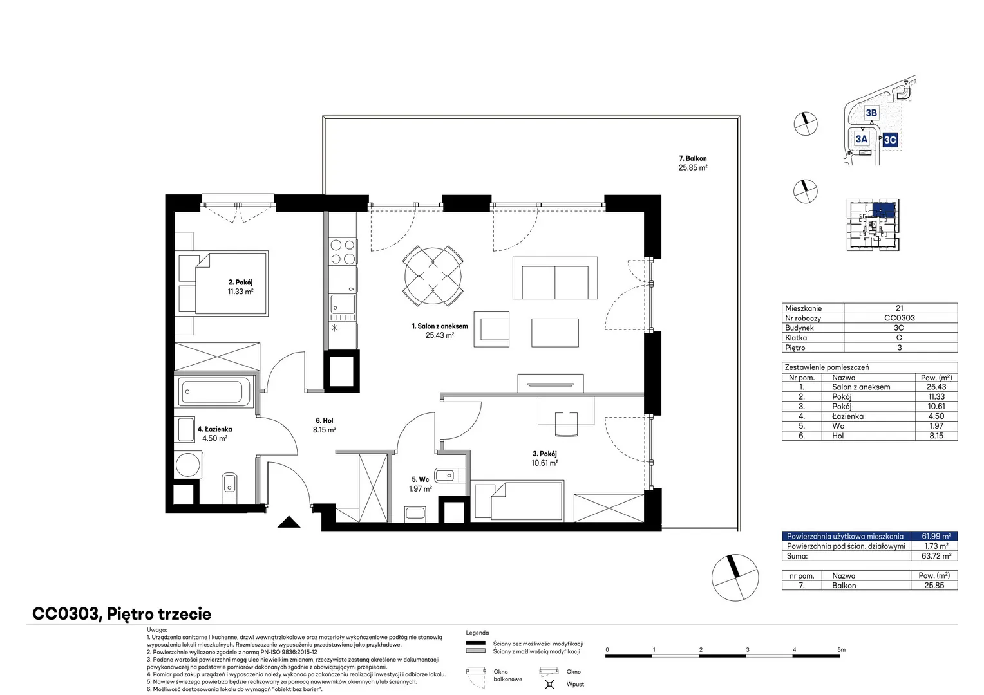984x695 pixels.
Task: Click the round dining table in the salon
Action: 433,276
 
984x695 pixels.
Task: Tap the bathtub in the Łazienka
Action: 214,391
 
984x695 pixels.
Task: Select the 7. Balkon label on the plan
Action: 693,158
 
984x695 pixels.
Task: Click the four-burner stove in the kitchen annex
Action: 343,252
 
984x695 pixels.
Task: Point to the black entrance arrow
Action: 289,522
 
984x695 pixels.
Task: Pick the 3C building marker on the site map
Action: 890,140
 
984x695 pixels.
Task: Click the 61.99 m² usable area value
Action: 936,536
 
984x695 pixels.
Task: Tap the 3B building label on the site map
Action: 871,113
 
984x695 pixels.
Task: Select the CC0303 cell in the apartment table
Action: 899,318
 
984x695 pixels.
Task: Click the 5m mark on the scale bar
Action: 841,649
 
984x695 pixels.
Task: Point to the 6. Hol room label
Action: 325,421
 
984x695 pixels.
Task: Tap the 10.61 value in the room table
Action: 936,407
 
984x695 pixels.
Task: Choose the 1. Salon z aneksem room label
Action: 440,326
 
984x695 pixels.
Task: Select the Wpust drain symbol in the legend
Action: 549,684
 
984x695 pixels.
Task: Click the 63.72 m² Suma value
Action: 936,556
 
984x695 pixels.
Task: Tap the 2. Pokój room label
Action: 240,283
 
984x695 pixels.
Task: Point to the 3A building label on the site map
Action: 862,139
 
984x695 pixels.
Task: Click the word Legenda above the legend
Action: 477,633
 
